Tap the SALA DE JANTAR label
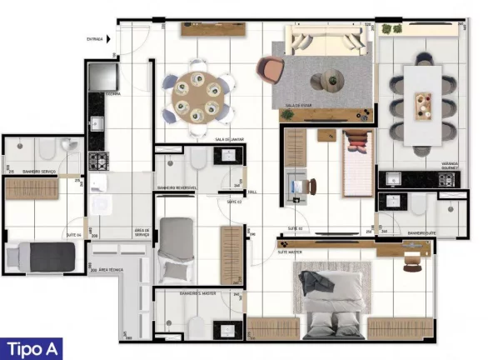[227, 139]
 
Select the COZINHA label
[112, 93]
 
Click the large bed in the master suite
[334, 302]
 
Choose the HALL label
[252, 191]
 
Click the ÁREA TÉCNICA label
[112, 270]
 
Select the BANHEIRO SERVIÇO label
[39, 169]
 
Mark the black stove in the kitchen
[98, 159]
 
